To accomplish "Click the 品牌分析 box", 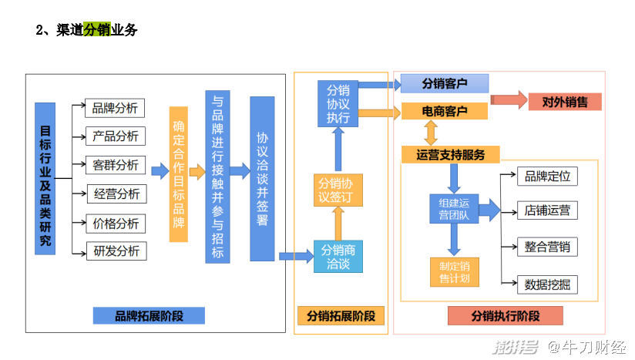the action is [x=115, y=108].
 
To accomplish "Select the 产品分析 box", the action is [x=116, y=136].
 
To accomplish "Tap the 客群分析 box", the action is [x=116, y=165].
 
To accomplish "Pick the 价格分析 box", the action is [x=116, y=224].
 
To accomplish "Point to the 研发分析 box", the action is [x=116, y=251].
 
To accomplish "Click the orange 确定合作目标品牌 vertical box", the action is [x=179, y=174].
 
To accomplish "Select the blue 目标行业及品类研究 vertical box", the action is [x=45, y=179].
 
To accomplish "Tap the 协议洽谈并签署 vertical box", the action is [x=262, y=179].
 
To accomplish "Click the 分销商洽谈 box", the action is [x=338, y=257].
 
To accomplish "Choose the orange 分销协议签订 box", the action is [x=338, y=190].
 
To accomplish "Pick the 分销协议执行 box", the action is [x=338, y=103].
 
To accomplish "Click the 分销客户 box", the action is [x=445, y=83].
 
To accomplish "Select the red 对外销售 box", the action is [x=565, y=102].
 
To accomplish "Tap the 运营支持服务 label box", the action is [x=450, y=155].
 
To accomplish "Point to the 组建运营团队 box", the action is [x=454, y=209].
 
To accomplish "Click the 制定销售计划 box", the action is [x=455, y=272].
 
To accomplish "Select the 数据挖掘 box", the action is [x=547, y=284].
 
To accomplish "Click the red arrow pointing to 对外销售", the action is [x=509, y=99].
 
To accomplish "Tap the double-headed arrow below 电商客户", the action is [x=431, y=133].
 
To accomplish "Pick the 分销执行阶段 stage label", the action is [x=506, y=316].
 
